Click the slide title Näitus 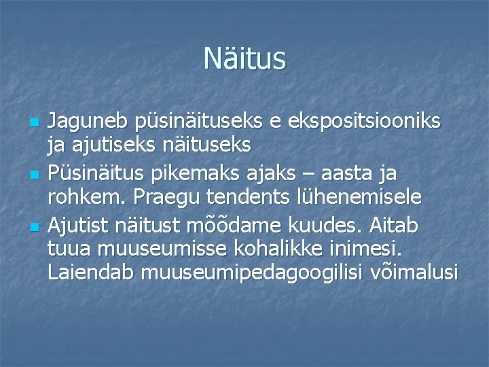(244, 59)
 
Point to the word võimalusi (414, 272)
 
